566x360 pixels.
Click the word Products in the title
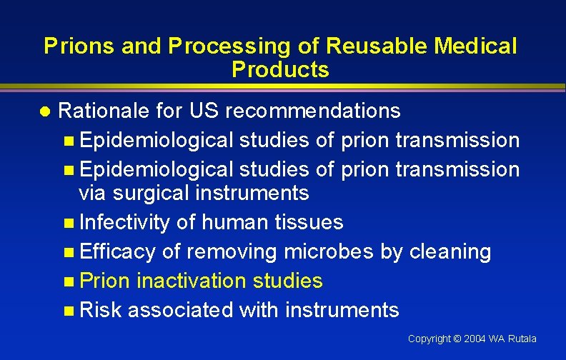pos(280,69)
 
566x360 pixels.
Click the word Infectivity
pos(124,222)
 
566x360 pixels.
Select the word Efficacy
pos(117,251)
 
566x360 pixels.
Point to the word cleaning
pos(450,251)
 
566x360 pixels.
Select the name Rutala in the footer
pos(522,339)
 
